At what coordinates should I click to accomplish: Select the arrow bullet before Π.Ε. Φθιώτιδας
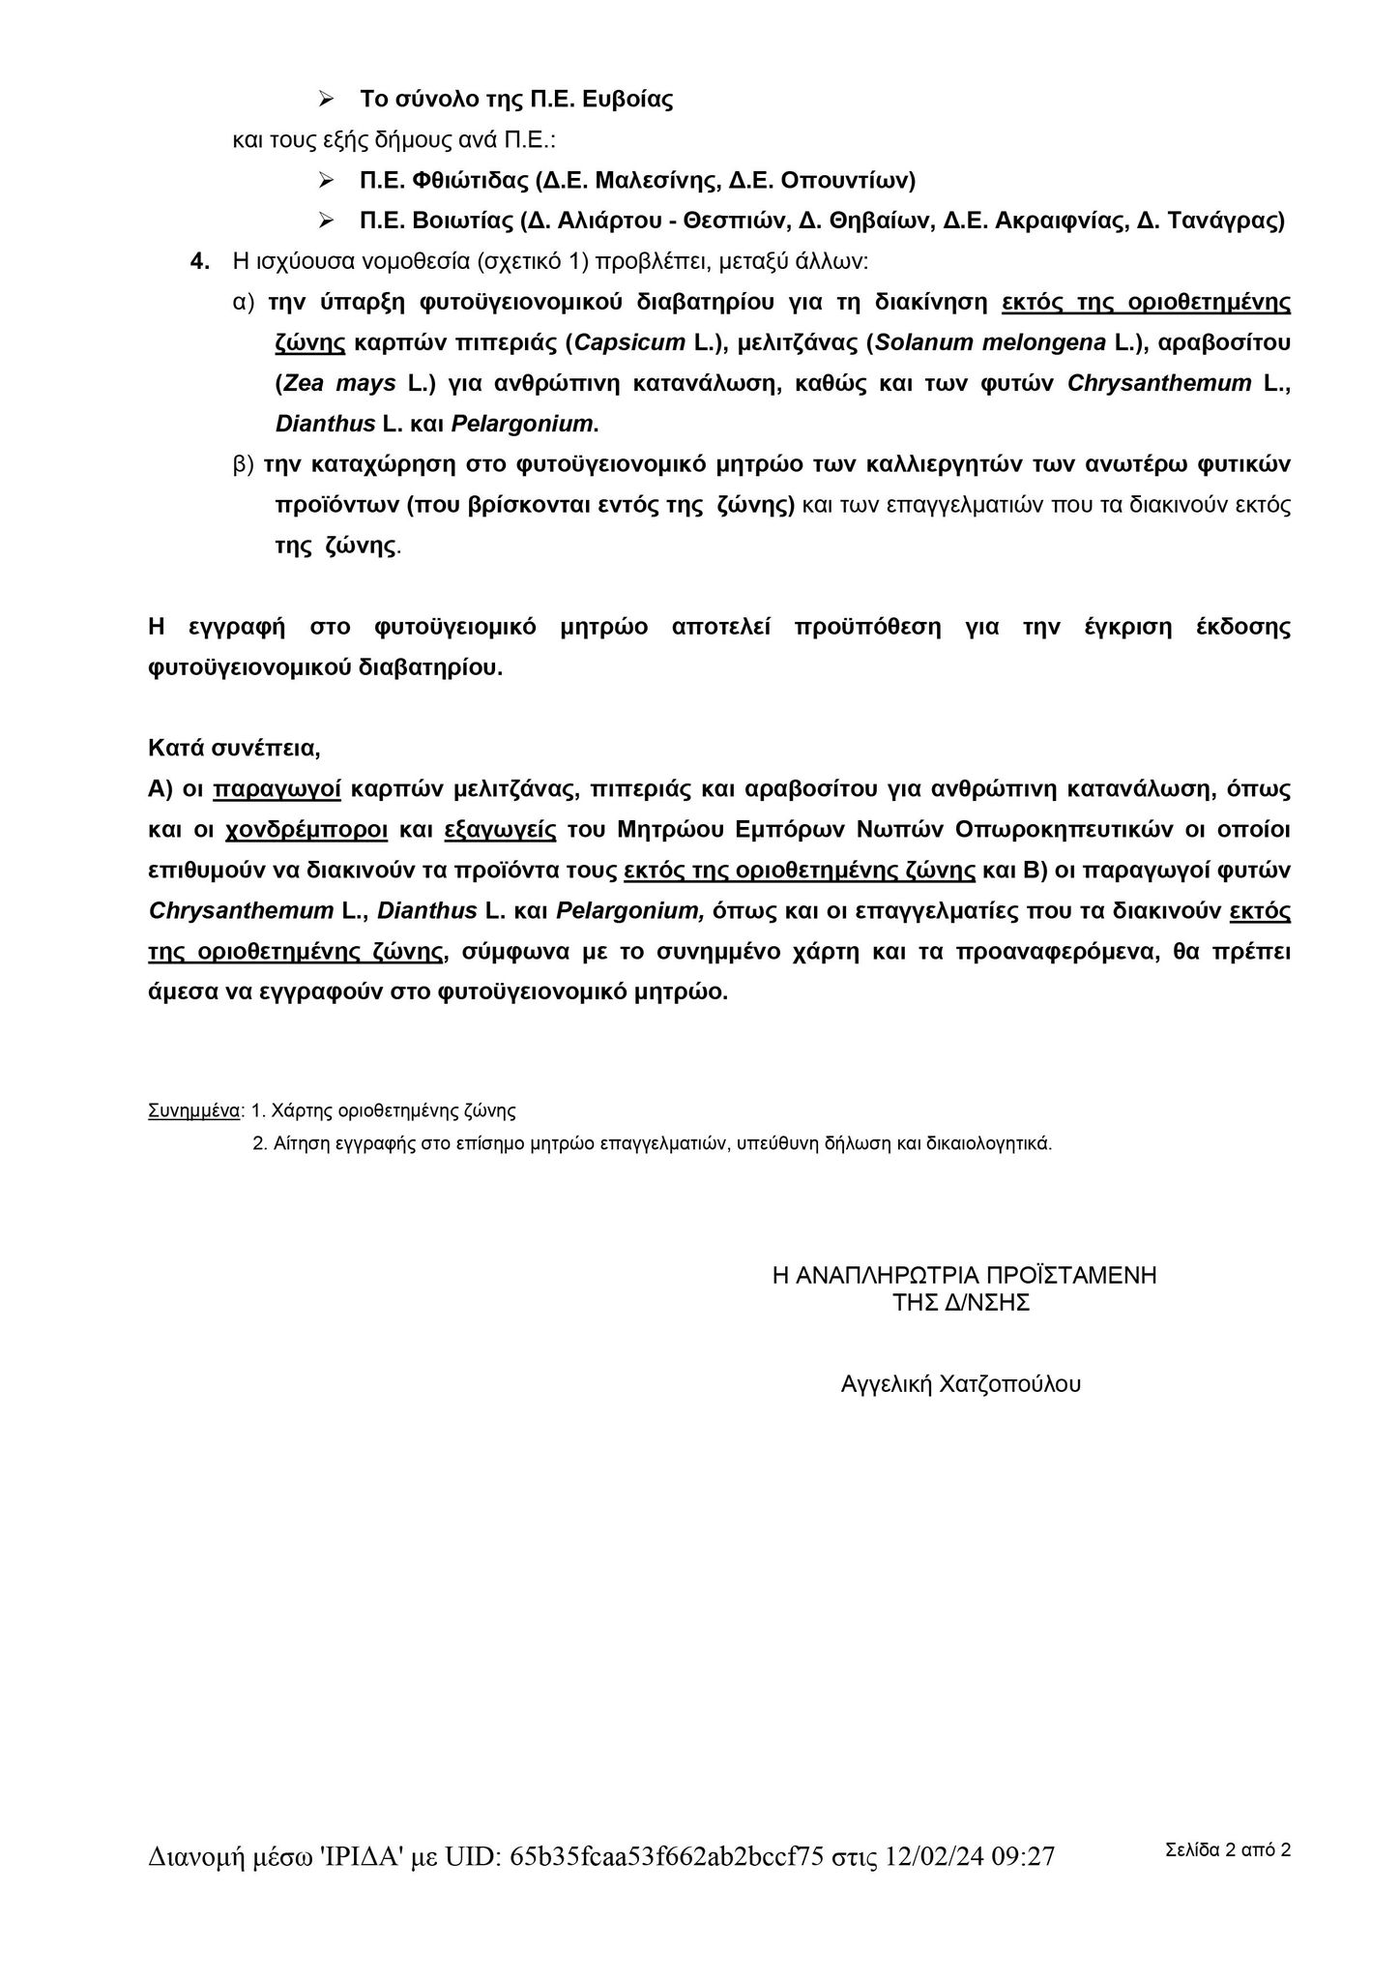click(x=327, y=180)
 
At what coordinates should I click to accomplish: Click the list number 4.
click(x=200, y=261)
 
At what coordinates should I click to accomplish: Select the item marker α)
click(x=243, y=302)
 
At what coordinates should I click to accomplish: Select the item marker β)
click(x=243, y=464)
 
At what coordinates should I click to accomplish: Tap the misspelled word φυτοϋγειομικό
click(x=454, y=627)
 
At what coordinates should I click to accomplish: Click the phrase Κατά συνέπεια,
click(x=234, y=748)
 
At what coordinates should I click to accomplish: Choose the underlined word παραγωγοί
click(x=277, y=789)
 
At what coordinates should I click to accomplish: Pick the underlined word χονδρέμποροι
click(x=306, y=830)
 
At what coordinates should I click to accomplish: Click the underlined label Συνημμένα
click(x=194, y=1110)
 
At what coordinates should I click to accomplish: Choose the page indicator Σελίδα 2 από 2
click(x=1228, y=1850)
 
